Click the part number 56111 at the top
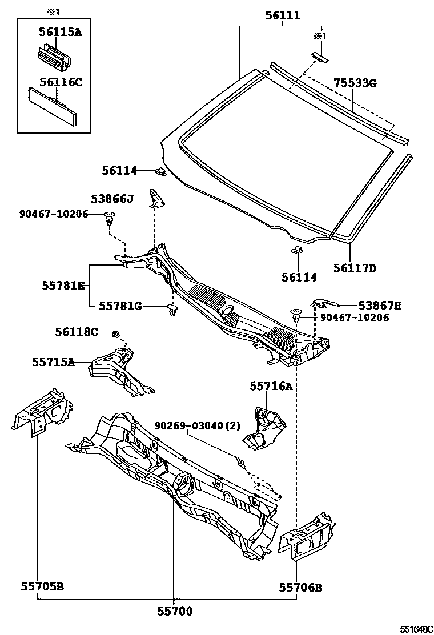pos(283,16)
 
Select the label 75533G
pos(355,83)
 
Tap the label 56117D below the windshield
pos(355,267)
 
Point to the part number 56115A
pos(61,33)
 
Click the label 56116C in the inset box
pos(61,82)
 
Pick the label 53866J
pos(112,198)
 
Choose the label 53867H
pos(380,306)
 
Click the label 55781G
pos(120,306)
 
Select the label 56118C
pos(76,331)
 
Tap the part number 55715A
pos(53,361)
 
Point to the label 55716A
pos(271,387)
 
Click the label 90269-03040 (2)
pos(198,426)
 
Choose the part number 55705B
pos(42,586)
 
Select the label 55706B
pos(300,586)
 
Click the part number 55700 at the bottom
pos(175,612)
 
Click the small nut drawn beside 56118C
pos(114,333)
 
